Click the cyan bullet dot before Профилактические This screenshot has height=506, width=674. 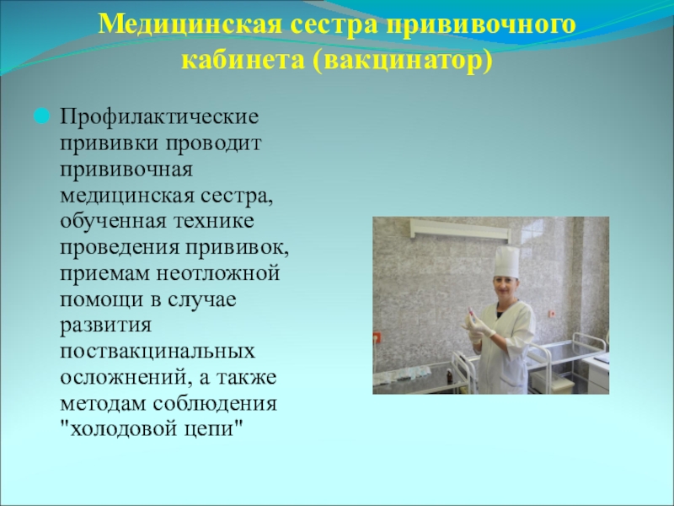(42, 116)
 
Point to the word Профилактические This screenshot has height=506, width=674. (159, 117)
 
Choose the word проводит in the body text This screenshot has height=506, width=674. (214, 143)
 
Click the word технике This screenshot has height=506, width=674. (214, 221)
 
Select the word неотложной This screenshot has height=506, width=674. (218, 273)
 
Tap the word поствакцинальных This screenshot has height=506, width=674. (158, 351)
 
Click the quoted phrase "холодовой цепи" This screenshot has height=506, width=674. (152, 429)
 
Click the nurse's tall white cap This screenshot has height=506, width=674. (506, 261)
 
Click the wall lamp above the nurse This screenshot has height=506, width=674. (460, 229)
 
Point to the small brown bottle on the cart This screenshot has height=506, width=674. (449, 378)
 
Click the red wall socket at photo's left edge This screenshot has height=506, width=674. (377, 337)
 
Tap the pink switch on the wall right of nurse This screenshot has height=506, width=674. (552, 314)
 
